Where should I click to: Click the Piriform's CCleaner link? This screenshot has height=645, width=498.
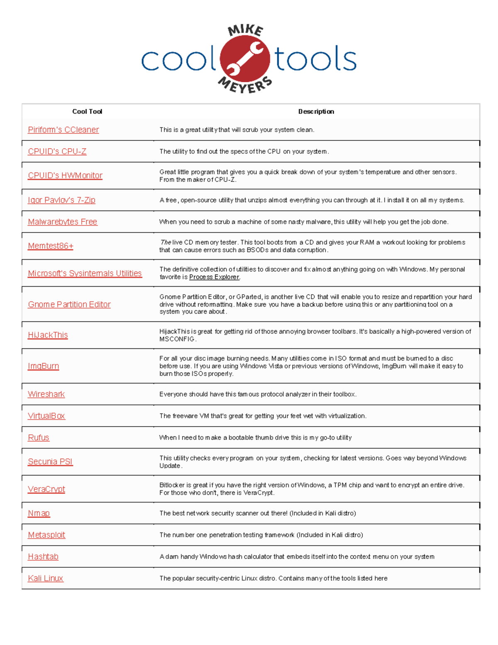click(63, 130)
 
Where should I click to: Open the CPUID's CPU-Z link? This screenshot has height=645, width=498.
click(57, 152)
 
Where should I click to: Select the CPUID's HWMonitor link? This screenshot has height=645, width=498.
click(65, 176)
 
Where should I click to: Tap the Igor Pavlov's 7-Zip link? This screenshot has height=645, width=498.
click(61, 200)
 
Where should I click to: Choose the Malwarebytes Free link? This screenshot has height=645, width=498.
click(62, 222)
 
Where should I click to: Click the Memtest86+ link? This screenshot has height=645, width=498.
click(50, 246)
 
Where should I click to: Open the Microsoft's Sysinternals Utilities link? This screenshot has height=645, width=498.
click(85, 273)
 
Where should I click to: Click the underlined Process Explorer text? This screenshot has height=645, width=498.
click(214, 277)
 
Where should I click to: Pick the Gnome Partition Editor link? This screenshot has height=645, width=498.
click(69, 304)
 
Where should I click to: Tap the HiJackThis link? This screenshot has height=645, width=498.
click(47, 335)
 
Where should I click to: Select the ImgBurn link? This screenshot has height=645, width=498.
click(43, 366)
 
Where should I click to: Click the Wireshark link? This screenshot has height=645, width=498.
click(46, 394)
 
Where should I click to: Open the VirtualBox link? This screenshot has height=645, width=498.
click(46, 416)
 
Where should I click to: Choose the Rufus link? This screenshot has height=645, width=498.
click(38, 437)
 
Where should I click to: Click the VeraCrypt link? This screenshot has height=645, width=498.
click(46, 489)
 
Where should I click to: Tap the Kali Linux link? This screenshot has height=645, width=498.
click(45, 578)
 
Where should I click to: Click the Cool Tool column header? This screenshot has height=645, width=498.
click(87, 111)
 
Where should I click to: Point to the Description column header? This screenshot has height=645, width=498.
click(316, 111)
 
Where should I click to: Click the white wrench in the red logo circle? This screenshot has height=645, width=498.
click(245, 59)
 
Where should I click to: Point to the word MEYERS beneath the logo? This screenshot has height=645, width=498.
click(245, 86)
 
